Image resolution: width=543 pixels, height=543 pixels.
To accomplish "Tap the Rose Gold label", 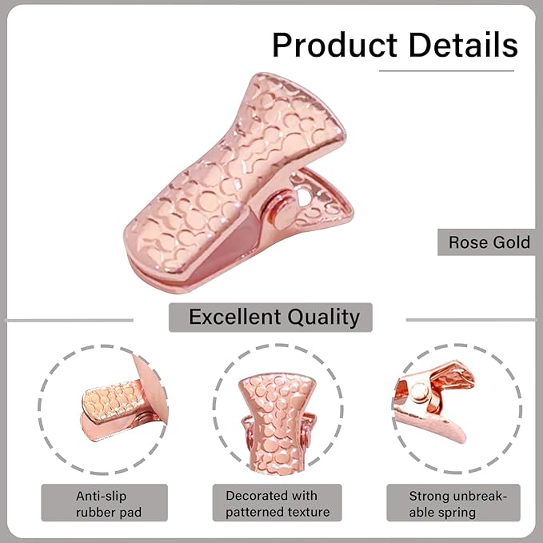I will click(x=489, y=242).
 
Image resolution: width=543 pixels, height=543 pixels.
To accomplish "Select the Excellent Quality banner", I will click(x=270, y=317).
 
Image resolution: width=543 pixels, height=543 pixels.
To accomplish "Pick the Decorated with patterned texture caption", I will click(x=271, y=504).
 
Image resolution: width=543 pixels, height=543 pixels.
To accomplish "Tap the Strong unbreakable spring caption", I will click(x=453, y=504).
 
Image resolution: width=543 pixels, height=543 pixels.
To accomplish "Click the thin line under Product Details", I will click(x=447, y=71).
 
